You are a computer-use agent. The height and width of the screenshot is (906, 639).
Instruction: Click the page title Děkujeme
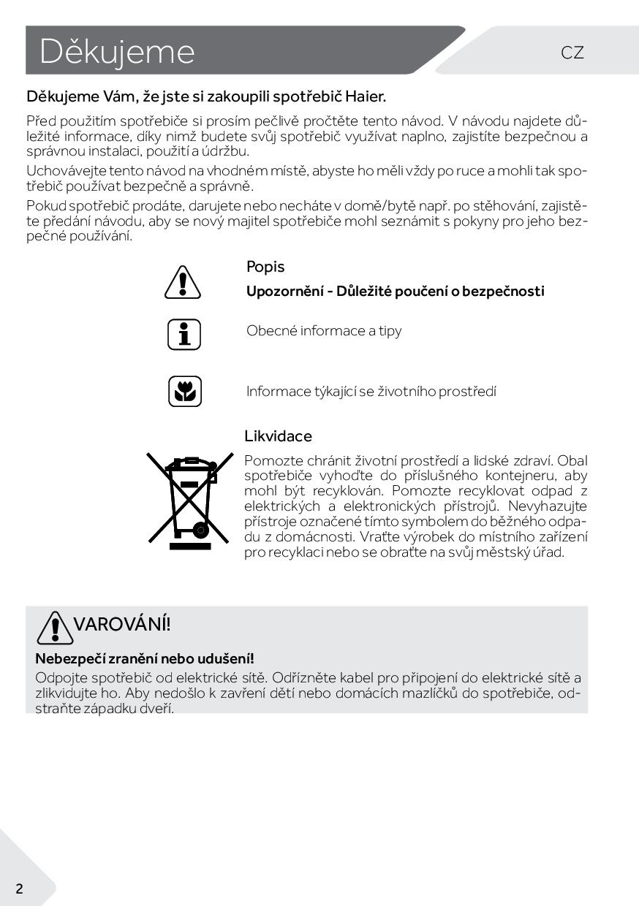click(117, 52)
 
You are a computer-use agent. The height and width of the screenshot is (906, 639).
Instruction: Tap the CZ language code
click(572, 53)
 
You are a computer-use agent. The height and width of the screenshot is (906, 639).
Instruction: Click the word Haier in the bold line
click(366, 96)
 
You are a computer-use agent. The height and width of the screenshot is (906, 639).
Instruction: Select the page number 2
click(19, 888)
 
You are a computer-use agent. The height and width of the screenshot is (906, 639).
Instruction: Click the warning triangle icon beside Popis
click(184, 282)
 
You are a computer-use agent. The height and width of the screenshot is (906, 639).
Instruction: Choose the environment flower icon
click(184, 392)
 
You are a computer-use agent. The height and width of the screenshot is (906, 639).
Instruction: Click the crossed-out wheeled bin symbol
click(188, 501)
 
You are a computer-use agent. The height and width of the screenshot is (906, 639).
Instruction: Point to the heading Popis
click(265, 267)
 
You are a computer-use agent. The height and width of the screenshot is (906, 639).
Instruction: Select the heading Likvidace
click(278, 436)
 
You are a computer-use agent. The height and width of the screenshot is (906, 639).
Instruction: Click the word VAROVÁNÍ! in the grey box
click(122, 624)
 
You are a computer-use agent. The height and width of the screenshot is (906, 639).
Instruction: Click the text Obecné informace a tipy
click(324, 331)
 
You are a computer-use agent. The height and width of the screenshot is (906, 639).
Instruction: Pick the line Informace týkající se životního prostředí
click(371, 392)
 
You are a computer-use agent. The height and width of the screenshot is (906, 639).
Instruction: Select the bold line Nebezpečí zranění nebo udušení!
click(145, 658)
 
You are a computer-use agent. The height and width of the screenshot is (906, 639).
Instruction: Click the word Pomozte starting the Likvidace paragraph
click(271, 460)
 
